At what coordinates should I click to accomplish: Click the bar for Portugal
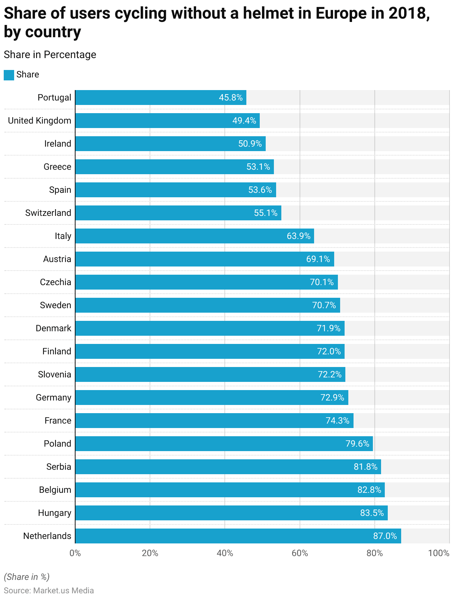point(160,98)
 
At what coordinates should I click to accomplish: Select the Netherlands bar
point(238,536)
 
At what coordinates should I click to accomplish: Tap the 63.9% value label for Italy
point(298,236)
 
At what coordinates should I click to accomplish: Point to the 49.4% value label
point(244,121)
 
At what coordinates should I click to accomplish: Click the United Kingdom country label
point(39,121)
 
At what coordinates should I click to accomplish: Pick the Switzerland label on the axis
point(48,213)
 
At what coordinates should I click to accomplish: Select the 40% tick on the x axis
point(225,553)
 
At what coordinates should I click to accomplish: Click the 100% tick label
point(439,553)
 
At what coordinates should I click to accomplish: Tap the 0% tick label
point(75,553)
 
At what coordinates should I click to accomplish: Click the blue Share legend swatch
point(9,75)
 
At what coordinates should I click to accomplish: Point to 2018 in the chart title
point(407,13)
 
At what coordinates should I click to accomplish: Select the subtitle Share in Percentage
point(50,55)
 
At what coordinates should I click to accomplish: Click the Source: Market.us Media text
point(49,591)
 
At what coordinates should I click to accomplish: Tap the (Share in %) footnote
point(26,577)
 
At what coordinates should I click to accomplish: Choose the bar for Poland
point(224,444)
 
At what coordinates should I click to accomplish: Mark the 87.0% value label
point(385,536)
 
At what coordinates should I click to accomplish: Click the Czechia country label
point(55,282)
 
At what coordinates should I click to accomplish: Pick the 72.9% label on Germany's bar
point(332,398)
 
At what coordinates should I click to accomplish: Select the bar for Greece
point(174,167)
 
